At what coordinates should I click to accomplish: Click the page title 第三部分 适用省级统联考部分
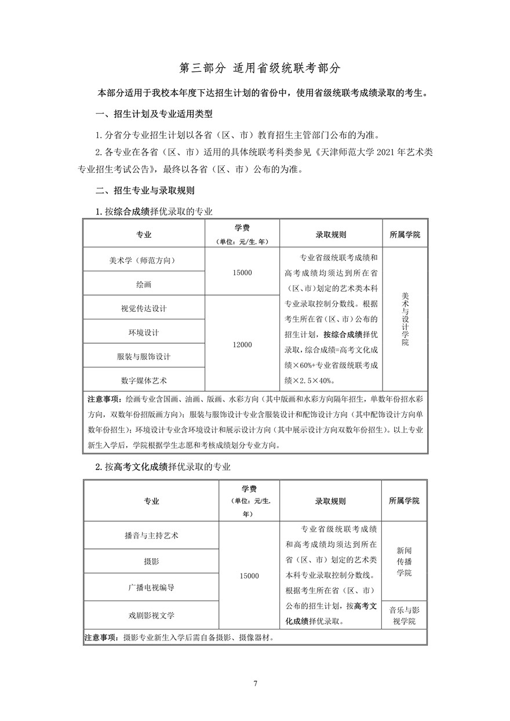(x=254, y=68)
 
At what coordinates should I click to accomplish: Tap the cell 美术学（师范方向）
(x=143, y=260)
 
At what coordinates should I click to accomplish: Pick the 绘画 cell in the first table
(x=143, y=285)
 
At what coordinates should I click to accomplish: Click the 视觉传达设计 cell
(x=143, y=308)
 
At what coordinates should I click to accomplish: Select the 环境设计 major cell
(x=143, y=333)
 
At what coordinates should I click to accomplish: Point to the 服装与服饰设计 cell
(x=143, y=356)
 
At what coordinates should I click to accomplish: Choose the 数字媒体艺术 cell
(x=143, y=380)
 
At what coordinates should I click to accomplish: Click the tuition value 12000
(x=242, y=345)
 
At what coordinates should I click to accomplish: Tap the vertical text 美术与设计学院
(x=405, y=319)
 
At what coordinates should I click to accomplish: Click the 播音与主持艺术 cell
(x=151, y=536)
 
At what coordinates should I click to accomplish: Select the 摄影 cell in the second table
(x=151, y=562)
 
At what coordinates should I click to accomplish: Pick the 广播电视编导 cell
(x=151, y=587)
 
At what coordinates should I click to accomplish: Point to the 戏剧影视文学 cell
(x=151, y=614)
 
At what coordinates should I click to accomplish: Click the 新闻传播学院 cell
(x=404, y=561)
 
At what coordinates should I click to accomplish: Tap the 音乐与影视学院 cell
(x=404, y=616)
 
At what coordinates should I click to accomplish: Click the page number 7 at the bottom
(x=255, y=683)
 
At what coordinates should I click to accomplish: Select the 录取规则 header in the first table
(x=331, y=235)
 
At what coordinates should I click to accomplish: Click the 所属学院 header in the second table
(x=404, y=501)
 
